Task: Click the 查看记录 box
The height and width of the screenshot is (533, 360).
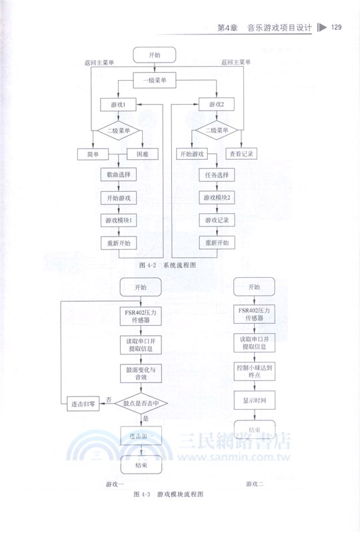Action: pyautogui.click(x=241, y=154)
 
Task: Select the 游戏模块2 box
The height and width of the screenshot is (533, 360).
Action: pyautogui.click(x=217, y=199)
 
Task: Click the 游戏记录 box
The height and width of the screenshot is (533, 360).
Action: pyautogui.click(x=217, y=220)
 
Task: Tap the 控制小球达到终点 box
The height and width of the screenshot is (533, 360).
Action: pyautogui.click(x=254, y=371)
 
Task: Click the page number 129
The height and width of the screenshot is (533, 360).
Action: pyautogui.click(x=336, y=27)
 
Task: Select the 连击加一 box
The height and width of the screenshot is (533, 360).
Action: pyautogui.click(x=141, y=436)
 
